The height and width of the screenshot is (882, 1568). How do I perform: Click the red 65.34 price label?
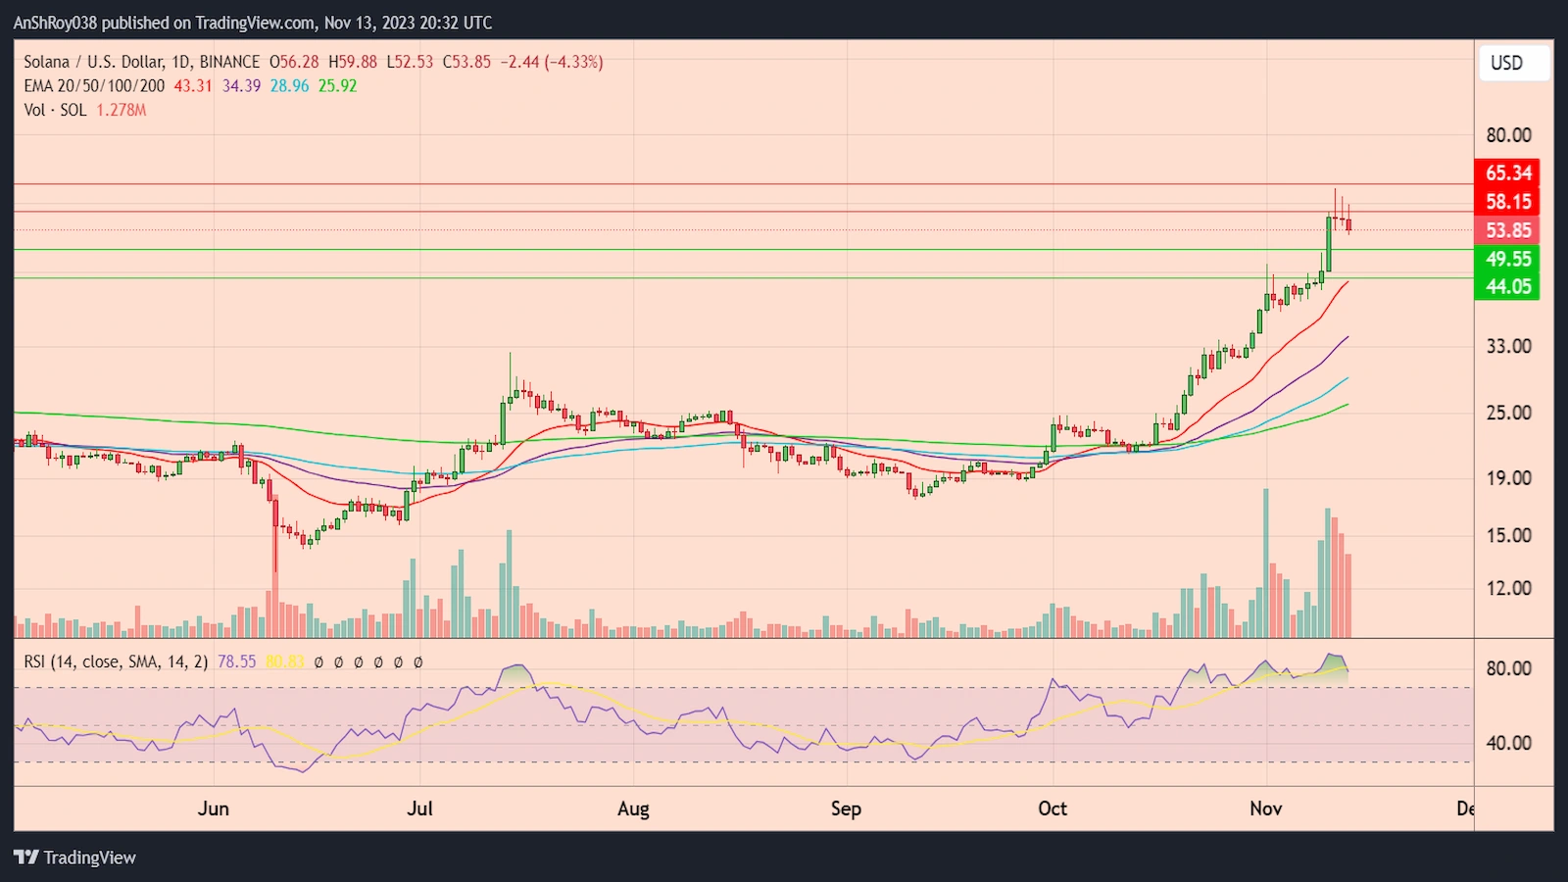click(1507, 173)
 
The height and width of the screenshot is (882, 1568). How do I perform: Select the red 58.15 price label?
click(1507, 202)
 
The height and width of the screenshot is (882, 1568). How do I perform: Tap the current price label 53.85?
click(1507, 230)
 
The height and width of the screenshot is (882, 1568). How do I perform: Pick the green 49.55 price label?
click(1507, 259)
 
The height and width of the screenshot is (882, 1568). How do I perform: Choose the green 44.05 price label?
click(1507, 286)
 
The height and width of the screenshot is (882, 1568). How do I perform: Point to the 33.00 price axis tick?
click(1508, 346)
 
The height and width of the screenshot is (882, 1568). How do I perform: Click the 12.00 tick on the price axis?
click(1508, 588)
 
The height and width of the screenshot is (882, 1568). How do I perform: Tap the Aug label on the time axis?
click(633, 808)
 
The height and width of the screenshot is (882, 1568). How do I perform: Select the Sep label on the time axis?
click(846, 808)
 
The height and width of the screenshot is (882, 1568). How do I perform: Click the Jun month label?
click(213, 808)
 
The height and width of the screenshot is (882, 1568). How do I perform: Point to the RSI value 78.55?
click(236, 662)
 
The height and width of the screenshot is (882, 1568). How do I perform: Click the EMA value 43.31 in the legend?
click(193, 86)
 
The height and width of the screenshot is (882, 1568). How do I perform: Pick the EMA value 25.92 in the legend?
click(337, 86)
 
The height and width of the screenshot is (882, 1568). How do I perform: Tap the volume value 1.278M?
click(122, 111)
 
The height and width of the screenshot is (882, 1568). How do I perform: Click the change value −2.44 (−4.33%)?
click(552, 62)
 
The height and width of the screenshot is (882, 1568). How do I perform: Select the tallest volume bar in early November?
click(1266, 563)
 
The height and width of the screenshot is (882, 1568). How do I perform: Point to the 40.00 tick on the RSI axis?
click(1508, 743)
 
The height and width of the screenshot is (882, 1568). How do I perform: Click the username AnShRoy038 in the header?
click(55, 23)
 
